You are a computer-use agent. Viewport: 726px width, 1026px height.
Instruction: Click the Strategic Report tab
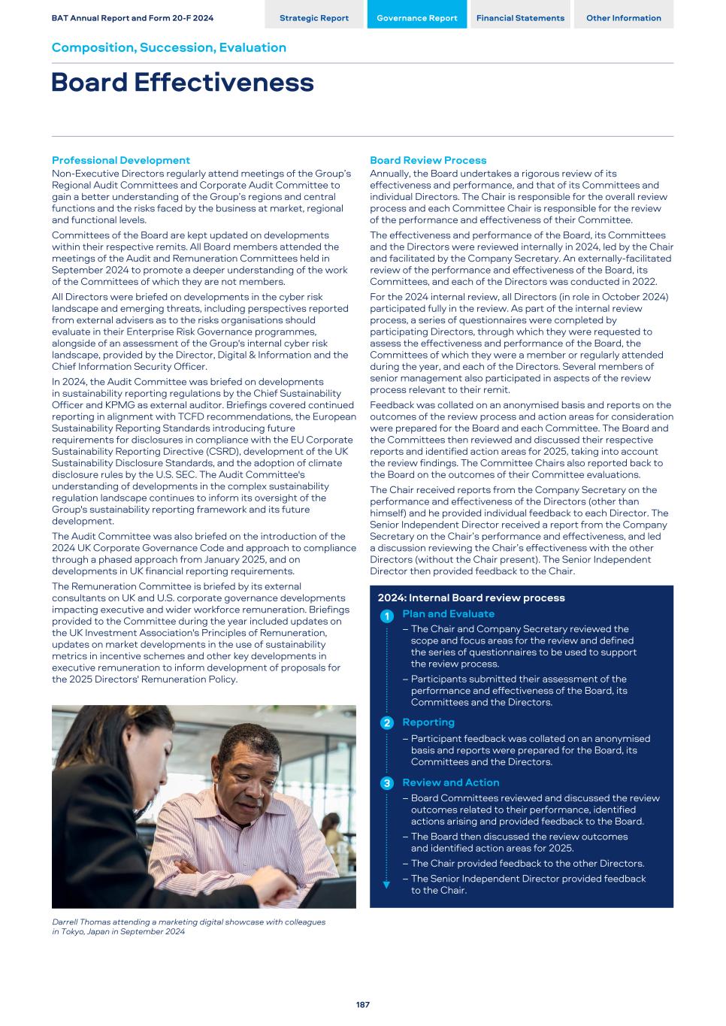pyautogui.click(x=313, y=18)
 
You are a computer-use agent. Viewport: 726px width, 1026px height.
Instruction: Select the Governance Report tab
pyautogui.click(x=416, y=18)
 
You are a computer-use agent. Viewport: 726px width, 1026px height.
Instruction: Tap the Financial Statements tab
pyautogui.click(x=520, y=18)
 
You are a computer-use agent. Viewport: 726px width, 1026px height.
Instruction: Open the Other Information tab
pyautogui.click(x=623, y=18)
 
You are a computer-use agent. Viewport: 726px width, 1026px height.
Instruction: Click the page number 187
pyautogui.click(x=363, y=1004)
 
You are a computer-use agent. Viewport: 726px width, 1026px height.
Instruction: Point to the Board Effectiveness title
pyautogui.click(x=183, y=83)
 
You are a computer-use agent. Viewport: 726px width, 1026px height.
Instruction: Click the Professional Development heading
pyautogui.click(x=120, y=160)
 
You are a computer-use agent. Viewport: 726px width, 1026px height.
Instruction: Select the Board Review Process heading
pyautogui.click(x=428, y=160)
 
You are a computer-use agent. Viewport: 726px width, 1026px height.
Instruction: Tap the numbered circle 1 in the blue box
pyautogui.click(x=386, y=616)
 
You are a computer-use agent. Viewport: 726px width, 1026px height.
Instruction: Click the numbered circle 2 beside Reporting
pyautogui.click(x=386, y=723)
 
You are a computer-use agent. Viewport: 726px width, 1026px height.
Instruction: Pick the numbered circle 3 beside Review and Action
pyautogui.click(x=386, y=783)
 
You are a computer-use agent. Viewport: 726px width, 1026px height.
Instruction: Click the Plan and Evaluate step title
pyautogui.click(x=448, y=614)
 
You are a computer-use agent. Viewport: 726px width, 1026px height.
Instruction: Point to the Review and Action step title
pyautogui.click(x=450, y=782)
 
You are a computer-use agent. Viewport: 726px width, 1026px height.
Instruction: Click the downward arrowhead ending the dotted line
pyautogui.click(x=386, y=885)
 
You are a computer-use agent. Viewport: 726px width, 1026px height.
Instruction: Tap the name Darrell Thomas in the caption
pyautogui.click(x=78, y=922)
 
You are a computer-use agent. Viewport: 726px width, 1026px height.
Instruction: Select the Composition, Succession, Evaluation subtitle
pyautogui.click(x=168, y=47)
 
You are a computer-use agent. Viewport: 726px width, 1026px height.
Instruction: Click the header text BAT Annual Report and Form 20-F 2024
pyautogui.click(x=132, y=18)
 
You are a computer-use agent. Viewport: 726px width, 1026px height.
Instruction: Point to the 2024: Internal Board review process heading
pyautogui.click(x=471, y=598)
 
